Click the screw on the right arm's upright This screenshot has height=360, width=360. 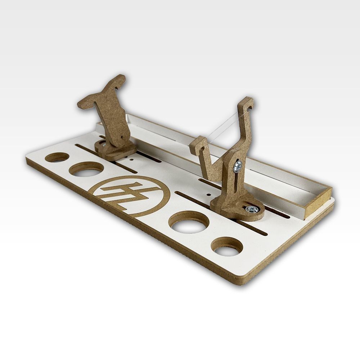238,166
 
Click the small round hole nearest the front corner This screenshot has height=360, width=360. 227,247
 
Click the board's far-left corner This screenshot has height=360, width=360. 27,161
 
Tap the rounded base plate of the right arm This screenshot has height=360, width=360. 238,209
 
